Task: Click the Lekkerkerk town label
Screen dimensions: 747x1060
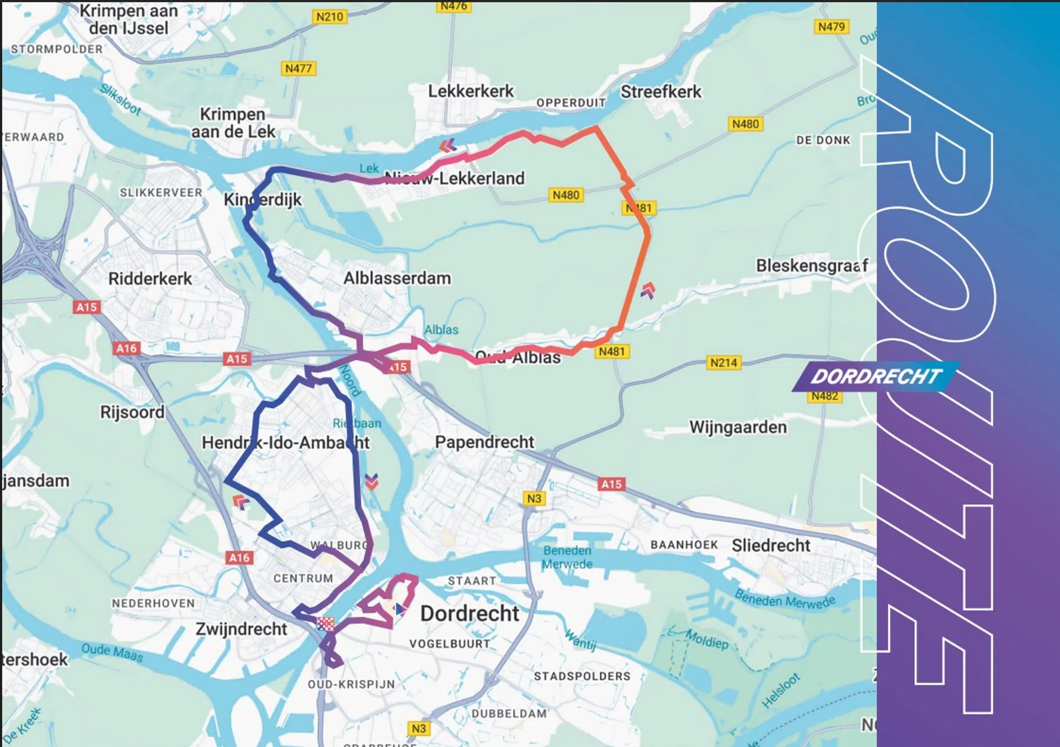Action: tap(470, 91)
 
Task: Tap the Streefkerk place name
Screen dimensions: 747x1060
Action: tap(661, 92)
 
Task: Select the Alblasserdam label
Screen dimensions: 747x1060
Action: tap(397, 278)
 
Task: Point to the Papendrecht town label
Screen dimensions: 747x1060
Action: tap(484, 442)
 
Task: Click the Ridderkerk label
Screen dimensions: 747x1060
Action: tap(150, 279)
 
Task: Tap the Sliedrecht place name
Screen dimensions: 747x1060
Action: tap(771, 546)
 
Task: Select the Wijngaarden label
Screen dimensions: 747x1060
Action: tap(738, 427)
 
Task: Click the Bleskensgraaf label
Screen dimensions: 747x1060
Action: tap(811, 266)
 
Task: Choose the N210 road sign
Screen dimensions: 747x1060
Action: tap(329, 16)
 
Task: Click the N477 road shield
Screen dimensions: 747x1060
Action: tap(298, 68)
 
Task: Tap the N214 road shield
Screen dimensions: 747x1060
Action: tap(723, 362)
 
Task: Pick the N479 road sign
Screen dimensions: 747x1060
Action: tap(831, 27)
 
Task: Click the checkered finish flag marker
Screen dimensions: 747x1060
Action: tap(325, 623)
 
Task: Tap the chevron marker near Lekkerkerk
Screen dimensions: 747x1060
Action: tap(448, 145)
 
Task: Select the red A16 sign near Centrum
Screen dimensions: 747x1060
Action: tap(239, 557)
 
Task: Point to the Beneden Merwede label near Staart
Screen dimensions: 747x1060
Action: tap(567, 557)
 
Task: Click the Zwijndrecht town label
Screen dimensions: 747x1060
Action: tap(241, 629)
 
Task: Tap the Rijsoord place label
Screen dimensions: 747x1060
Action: tap(132, 412)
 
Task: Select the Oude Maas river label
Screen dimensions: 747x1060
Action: tap(112, 652)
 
